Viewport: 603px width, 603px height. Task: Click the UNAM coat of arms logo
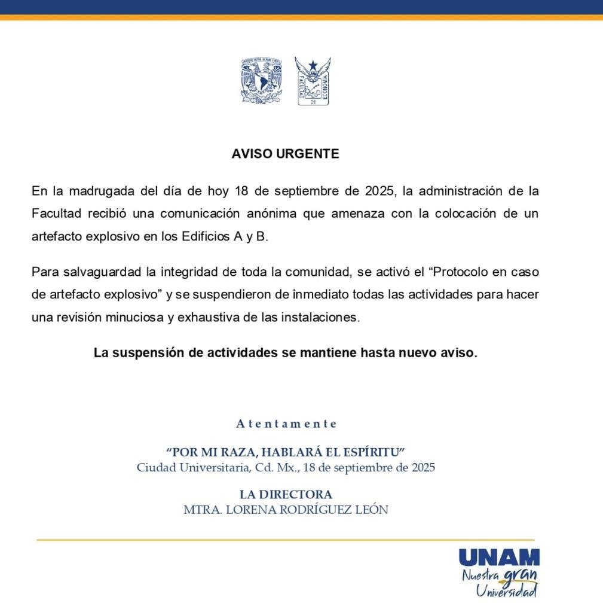(x=261, y=81)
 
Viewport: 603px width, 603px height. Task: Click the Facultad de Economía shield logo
(x=313, y=81)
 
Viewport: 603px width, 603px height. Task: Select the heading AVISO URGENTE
(x=285, y=154)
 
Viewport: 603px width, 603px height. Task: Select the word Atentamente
(x=286, y=424)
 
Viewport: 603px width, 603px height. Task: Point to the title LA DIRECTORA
(x=286, y=495)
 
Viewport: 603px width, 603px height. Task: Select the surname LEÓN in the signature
(x=371, y=510)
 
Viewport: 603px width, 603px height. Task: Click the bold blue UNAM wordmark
(x=499, y=558)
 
